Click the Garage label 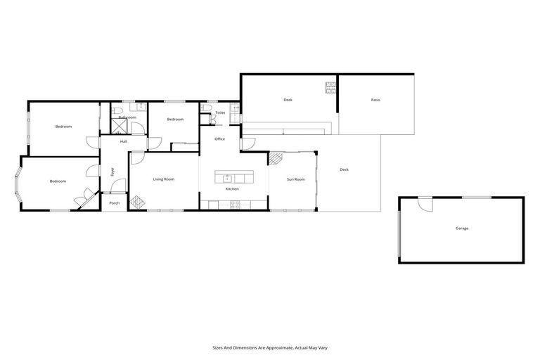[461, 229]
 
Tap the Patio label [375, 100]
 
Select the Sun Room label [295, 179]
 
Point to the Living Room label [164, 179]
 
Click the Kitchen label [232, 190]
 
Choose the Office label [219, 139]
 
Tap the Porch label [114, 203]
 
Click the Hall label [124, 142]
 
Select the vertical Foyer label [112, 171]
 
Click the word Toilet [220, 112]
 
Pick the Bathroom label [127, 117]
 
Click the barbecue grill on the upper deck [330, 88]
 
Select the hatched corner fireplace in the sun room [276, 159]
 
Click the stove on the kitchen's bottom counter [235, 205]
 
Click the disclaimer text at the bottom [269, 347]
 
